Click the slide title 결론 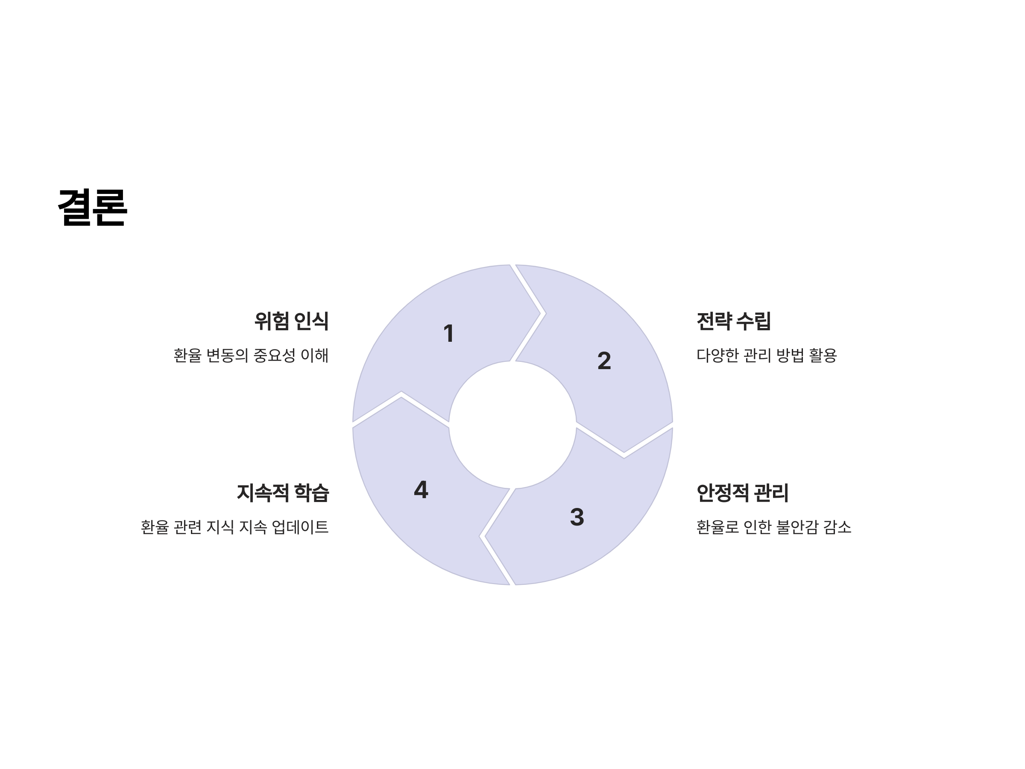coord(92,208)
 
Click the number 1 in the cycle coord(448,333)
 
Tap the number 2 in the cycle coord(604,361)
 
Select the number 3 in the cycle coord(577,517)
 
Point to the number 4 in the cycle coord(421,490)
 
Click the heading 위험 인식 coord(291,321)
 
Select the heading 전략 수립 coord(734,321)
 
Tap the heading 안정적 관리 coord(742,493)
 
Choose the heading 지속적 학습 coord(283,493)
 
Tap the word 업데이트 coord(300,527)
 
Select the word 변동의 coord(227,355)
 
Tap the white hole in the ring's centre coord(512,425)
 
